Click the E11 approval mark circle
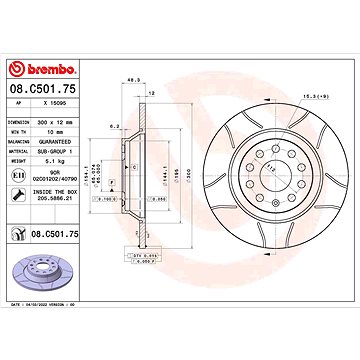(x=20, y=177)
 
